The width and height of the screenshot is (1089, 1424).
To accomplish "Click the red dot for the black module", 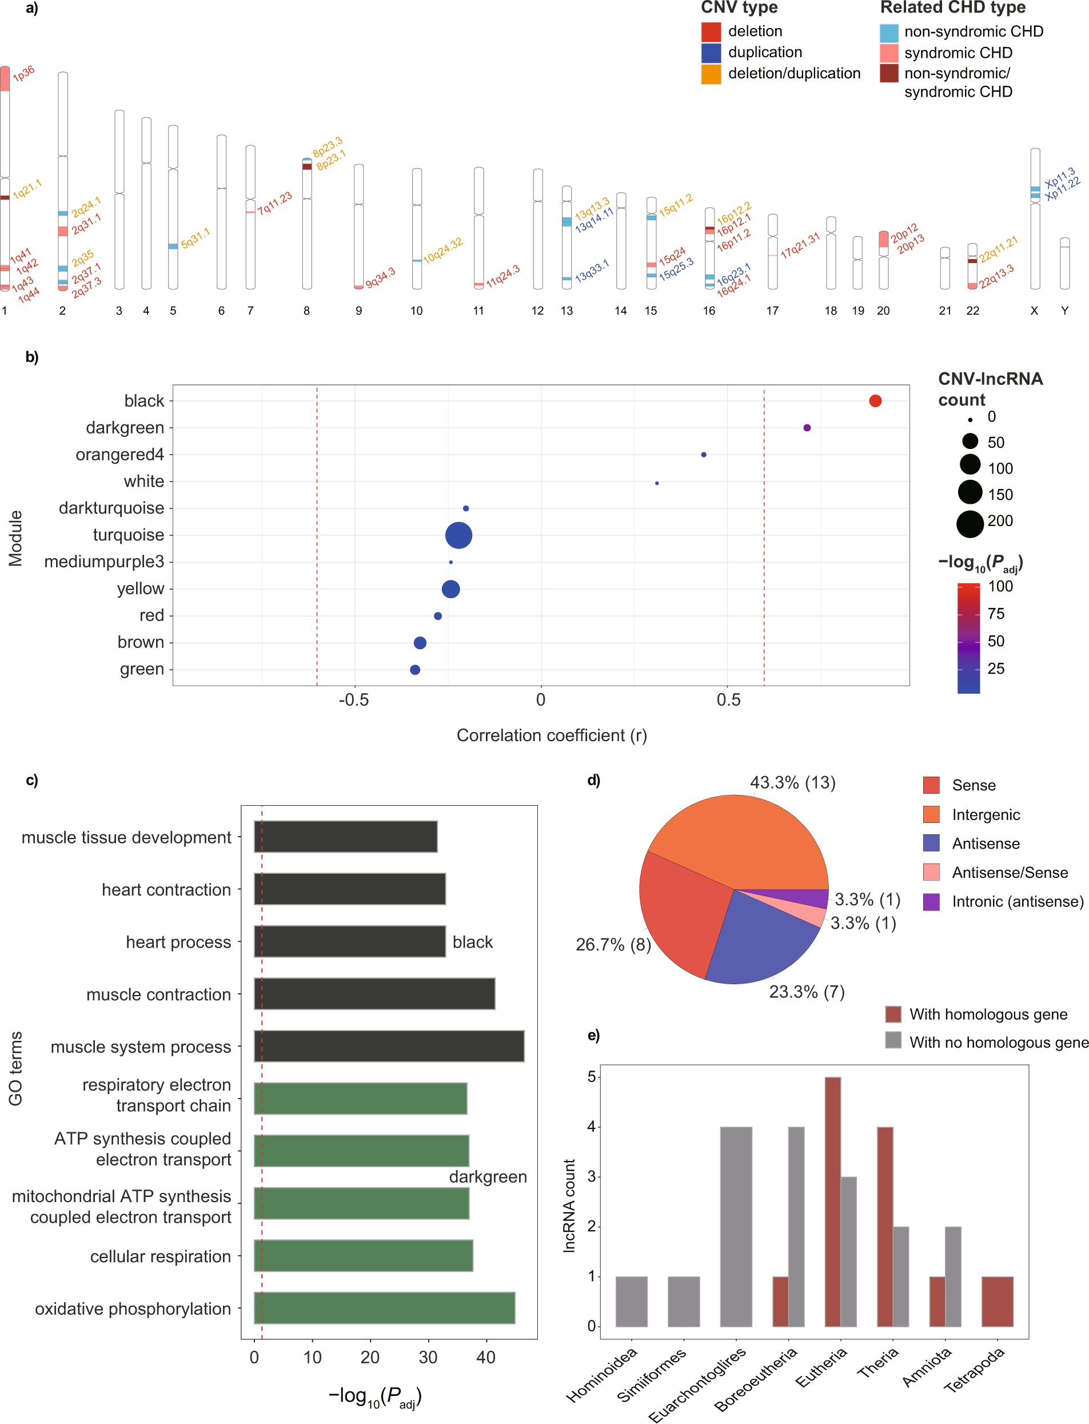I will tap(875, 401).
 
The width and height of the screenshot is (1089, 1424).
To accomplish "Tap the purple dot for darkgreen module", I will tap(807, 427).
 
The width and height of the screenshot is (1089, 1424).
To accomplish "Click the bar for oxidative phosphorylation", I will tap(384, 1307).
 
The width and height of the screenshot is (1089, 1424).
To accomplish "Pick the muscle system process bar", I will tap(389, 1045).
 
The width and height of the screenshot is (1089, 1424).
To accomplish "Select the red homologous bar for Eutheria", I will tap(832, 1201).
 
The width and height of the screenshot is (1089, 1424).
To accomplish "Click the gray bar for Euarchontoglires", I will tap(736, 1226).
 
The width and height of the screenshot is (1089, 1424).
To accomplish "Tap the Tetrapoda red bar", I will tap(997, 1301).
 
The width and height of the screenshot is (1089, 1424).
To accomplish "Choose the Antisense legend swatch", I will tap(931, 843).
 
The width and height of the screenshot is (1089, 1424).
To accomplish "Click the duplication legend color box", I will tap(711, 53).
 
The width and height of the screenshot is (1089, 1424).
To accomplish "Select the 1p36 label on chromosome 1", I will tap(24, 74).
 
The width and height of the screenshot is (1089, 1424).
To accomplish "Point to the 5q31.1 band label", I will tap(195, 238).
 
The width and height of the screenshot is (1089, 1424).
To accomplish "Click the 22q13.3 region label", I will tap(996, 276).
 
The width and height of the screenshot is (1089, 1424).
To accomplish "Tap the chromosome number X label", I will tap(1034, 311).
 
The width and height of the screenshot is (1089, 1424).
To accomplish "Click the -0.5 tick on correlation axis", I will tap(354, 699).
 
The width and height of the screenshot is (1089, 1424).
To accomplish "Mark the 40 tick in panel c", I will tap(485, 1357).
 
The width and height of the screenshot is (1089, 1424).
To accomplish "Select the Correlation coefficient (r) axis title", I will tap(552, 735).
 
